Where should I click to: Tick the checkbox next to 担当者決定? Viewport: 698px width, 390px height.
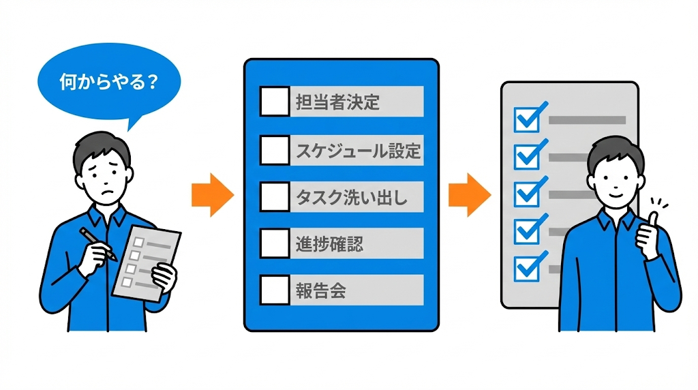[x=275, y=102]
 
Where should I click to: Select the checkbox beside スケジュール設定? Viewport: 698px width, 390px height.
[x=275, y=149]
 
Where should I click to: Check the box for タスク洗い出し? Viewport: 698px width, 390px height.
[x=275, y=196]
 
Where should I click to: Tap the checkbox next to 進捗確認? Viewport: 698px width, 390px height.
[x=275, y=243]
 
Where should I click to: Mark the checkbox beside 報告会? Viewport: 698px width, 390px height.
[x=275, y=290]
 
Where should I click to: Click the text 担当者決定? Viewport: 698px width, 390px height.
[x=337, y=102]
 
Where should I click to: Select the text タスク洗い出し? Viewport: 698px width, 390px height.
[x=350, y=197]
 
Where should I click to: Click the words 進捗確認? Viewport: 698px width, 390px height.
[x=329, y=243]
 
